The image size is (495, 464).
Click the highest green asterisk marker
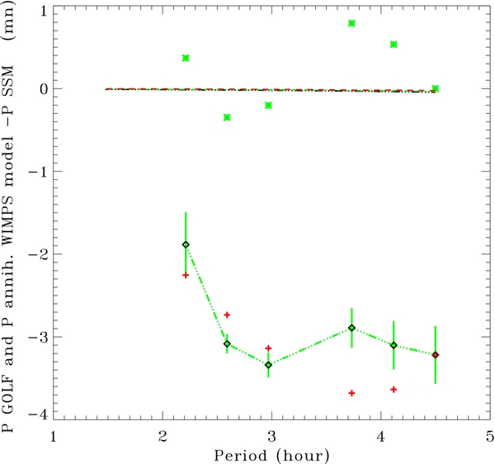click(352, 23)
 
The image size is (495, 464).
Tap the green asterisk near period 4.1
click(394, 44)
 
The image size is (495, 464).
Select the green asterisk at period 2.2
click(186, 58)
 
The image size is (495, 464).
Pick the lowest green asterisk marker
click(227, 117)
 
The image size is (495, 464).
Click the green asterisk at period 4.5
click(436, 88)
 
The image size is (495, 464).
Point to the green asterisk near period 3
click(268, 105)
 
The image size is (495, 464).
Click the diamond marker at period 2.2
click(186, 244)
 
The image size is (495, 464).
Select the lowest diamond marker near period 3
click(268, 364)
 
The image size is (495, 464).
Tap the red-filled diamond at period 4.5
click(436, 355)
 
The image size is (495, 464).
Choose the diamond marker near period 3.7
click(352, 328)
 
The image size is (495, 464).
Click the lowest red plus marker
click(352, 393)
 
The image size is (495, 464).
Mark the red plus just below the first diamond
click(186, 275)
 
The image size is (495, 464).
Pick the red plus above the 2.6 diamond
click(227, 315)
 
